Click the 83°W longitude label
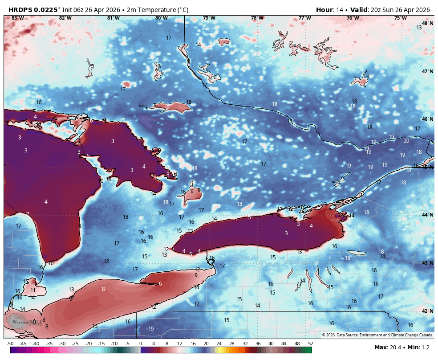(17, 18)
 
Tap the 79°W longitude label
(209, 18)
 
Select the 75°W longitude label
(401, 18)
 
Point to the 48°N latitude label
(428, 23)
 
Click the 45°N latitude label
(428, 167)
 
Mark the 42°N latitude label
(428, 311)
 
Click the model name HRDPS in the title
(20, 10)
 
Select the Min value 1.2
(427, 348)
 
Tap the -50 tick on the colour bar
(10, 344)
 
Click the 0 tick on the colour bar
(141, 344)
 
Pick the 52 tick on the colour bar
(310, 344)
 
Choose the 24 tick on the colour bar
(219, 344)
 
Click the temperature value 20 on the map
(406, 141)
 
